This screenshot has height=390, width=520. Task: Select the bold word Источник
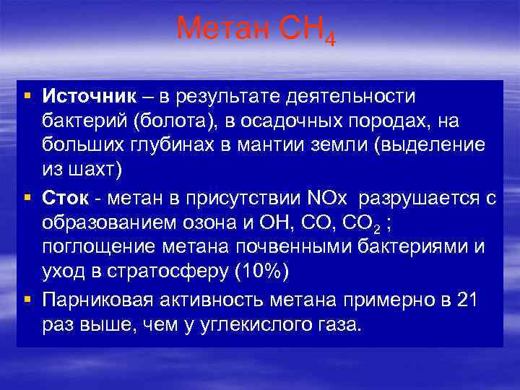pyautogui.click(x=89, y=96)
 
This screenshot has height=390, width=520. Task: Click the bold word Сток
pyautogui.click(x=64, y=197)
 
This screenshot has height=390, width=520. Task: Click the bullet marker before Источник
pyautogui.click(x=26, y=97)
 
